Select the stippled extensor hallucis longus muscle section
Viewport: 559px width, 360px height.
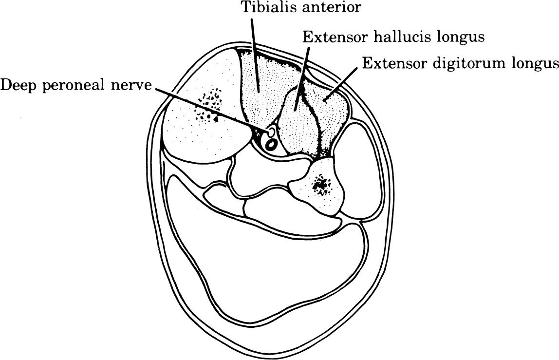tap(297, 122)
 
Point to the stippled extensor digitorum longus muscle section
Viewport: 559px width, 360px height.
tap(331, 112)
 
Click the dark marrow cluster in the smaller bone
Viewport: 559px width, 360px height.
tap(320, 185)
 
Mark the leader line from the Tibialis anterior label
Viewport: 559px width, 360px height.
tap(254, 54)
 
